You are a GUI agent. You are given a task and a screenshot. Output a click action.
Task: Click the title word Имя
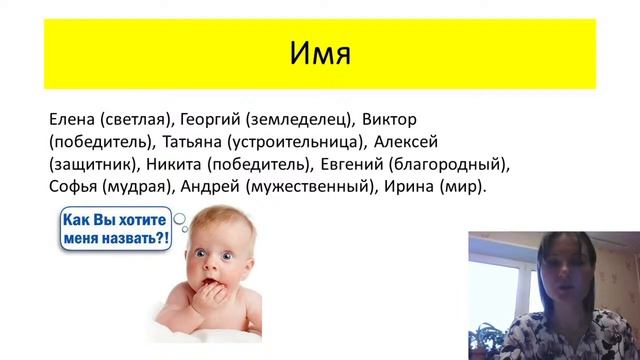click(x=320, y=53)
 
